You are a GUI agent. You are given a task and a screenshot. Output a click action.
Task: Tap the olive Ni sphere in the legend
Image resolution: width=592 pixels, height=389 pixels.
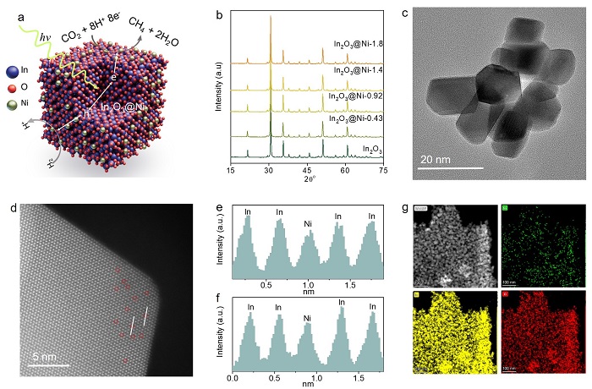tap(11, 107)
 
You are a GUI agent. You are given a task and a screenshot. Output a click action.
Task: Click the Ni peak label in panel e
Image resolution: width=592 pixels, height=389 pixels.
tap(308, 224)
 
